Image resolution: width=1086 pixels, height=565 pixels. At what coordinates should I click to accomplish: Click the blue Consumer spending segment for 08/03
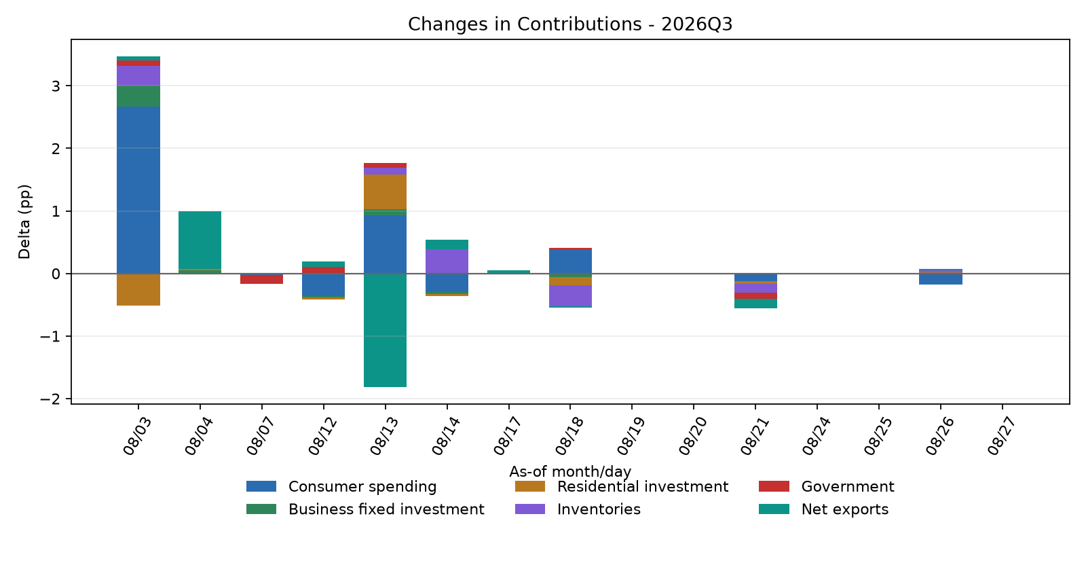coord(138,190)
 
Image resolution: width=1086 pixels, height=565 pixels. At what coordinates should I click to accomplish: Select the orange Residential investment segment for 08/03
coord(138,289)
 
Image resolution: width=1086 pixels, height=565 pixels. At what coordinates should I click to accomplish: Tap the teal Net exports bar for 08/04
coord(200,240)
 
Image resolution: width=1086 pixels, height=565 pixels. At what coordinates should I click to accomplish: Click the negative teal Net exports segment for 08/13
coord(385,330)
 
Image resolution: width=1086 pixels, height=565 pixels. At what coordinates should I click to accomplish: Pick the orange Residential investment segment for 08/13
coord(385,192)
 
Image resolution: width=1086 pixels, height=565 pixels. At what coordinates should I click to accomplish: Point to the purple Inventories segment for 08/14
coord(447,261)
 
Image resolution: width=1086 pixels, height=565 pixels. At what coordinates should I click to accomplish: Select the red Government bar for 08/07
coord(261,279)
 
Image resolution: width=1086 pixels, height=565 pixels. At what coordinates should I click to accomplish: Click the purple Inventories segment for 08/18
coord(570,296)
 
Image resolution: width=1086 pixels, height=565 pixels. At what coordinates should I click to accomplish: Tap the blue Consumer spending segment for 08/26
coord(941,279)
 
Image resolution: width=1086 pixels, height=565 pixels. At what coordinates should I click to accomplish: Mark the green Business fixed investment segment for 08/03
coord(138,96)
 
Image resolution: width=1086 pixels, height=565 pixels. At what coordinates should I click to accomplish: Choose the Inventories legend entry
coord(578,509)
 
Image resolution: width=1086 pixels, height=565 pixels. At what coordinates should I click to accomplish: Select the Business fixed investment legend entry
coord(365,509)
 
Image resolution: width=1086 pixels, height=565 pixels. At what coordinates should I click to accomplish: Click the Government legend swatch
coord(774,486)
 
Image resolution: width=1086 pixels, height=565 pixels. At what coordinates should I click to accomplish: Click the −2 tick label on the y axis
coord(50,399)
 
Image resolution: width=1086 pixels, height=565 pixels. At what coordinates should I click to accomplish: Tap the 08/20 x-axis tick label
coord(692,437)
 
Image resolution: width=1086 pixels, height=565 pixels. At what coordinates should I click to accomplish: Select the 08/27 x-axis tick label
coord(1001,437)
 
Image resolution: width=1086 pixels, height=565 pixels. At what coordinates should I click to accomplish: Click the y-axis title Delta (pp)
coord(24,221)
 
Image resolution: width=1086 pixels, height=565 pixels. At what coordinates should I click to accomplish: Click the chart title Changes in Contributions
coord(525,24)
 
